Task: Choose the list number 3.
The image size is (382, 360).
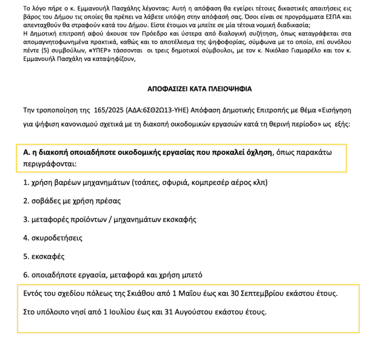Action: click(25, 219)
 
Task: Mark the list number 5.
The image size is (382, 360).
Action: click(25, 257)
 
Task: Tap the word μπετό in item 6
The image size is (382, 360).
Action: click(192, 275)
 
